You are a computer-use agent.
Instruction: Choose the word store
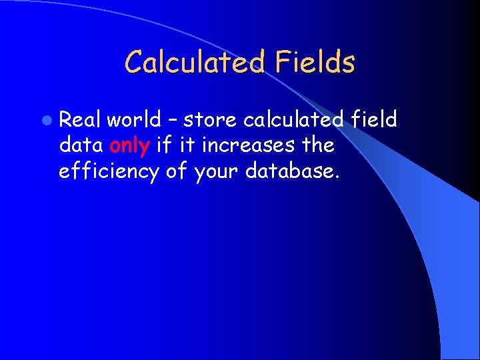[210, 120]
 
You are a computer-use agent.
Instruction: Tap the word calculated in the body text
[293, 119]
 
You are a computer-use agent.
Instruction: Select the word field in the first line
[373, 119]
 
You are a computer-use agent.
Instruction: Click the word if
[163, 145]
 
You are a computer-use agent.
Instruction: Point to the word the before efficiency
[317, 145]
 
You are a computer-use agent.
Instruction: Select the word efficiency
[109, 171]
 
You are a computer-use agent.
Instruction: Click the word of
[176, 171]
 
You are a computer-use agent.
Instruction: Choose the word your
[217, 172]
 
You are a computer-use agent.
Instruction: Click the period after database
[338, 177]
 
